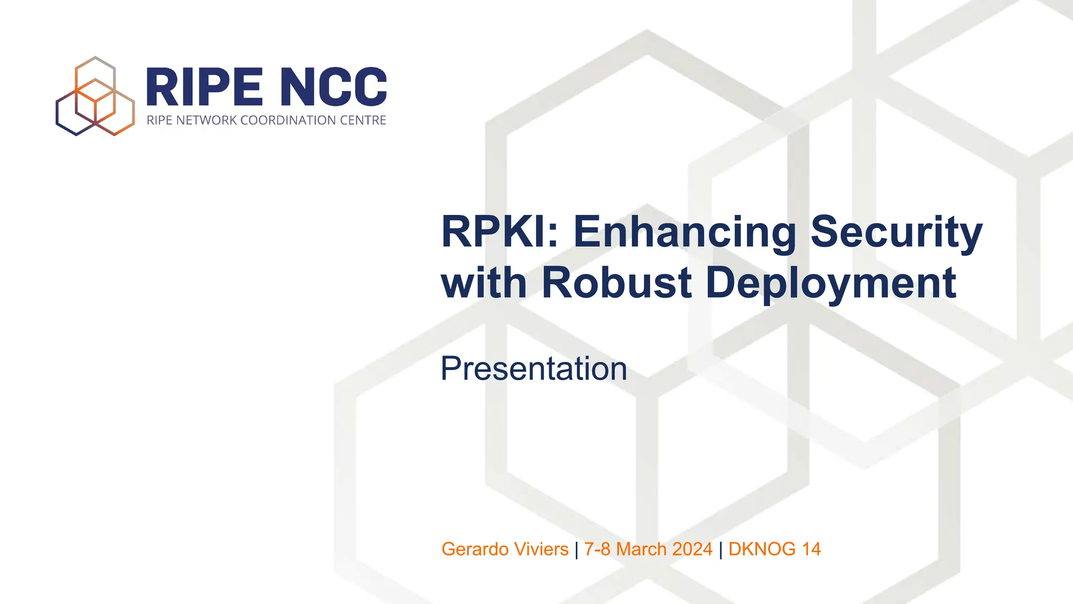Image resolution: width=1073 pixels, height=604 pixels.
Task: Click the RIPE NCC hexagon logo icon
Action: [95, 96]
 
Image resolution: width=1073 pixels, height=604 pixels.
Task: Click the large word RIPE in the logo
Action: [204, 87]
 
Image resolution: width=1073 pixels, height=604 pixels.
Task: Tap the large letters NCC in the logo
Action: [333, 87]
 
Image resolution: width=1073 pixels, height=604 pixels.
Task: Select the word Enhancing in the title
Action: [685, 232]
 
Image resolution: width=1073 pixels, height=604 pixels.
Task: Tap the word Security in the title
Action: [896, 232]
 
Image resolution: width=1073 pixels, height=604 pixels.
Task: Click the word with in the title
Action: [484, 283]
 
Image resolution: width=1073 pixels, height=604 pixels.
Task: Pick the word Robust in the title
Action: [616, 283]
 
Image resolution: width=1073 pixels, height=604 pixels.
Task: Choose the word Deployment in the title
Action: [831, 283]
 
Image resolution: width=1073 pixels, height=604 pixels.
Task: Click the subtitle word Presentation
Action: [533, 369]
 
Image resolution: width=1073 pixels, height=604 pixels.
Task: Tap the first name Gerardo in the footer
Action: [476, 549]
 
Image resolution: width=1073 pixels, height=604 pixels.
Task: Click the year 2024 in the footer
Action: [692, 549]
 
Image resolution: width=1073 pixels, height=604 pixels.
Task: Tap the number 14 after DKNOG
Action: [811, 549]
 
